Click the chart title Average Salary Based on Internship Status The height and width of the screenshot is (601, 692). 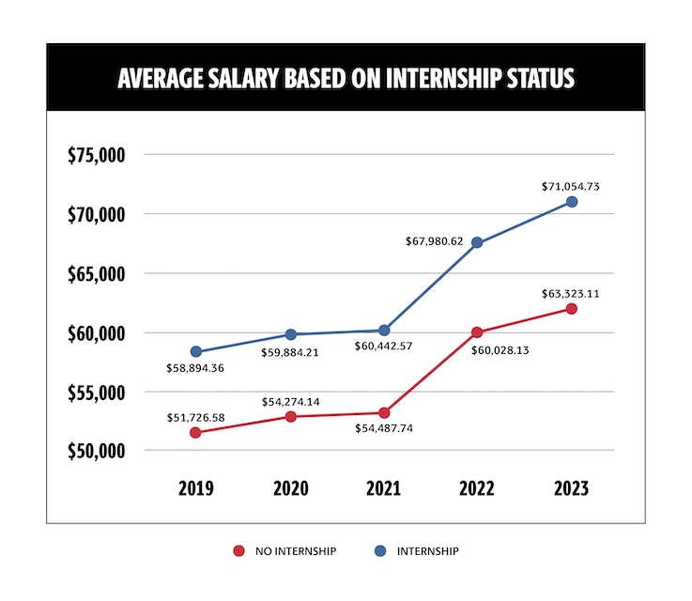click(x=346, y=78)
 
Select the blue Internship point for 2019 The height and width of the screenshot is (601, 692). click(x=196, y=352)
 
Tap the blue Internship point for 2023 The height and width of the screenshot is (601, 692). click(x=572, y=202)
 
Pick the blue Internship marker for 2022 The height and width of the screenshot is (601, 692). click(x=478, y=243)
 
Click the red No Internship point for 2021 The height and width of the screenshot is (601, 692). click(x=384, y=413)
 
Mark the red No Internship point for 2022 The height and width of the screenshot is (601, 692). click(x=478, y=331)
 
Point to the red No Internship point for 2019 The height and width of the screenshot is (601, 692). click(x=196, y=433)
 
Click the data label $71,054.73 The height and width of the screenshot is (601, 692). click(x=569, y=187)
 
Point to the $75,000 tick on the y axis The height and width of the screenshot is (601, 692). click(x=97, y=156)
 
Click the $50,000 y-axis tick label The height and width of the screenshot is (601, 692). click(x=97, y=452)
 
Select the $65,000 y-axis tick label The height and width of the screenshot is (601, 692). click(x=97, y=274)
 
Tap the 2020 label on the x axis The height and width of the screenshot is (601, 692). click(x=290, y=488)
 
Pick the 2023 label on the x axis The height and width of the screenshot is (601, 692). click(x=572, y=488)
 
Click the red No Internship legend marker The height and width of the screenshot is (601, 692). click(x=239, y=551)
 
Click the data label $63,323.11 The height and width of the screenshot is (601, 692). click(x=569, y=293)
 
